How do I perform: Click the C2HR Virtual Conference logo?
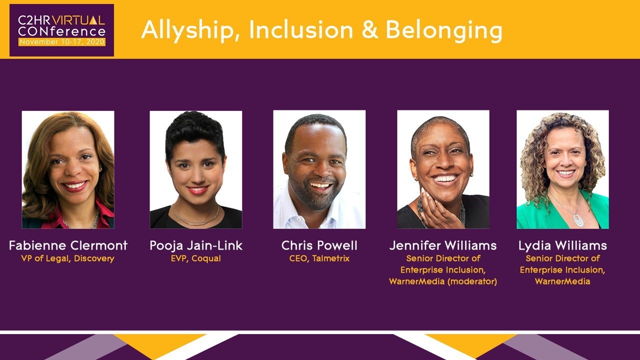point(61,30)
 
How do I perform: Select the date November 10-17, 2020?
point(61,42)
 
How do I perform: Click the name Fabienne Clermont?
point(68,245)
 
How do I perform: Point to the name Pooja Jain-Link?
point(196,245)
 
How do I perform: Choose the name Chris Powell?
point(319,245)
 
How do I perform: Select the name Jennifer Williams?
point(443,245)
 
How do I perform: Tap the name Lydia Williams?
point(562,245)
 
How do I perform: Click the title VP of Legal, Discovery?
point(67,258)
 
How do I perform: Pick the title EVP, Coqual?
point(195,258)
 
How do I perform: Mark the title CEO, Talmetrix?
point(319,258)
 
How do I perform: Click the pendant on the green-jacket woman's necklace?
point(578,220)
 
